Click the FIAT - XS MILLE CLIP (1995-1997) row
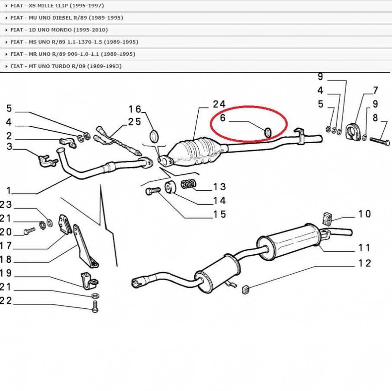click(57, 6)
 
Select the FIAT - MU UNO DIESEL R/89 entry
click(67, 18)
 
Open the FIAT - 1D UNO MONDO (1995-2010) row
click(59, 30)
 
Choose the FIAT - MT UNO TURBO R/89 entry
click(66, 66)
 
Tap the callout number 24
click(219, 104)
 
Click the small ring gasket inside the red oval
click(268, 132)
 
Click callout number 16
click(135, 109)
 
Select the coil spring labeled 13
click(189, 184)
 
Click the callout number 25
click(135, 122)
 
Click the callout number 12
click(365, 263)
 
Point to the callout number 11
click(364, 248)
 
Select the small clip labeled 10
click(327, 219)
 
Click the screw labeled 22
click(95, 306)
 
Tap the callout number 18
click(6, 260)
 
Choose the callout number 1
click(9, 191)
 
